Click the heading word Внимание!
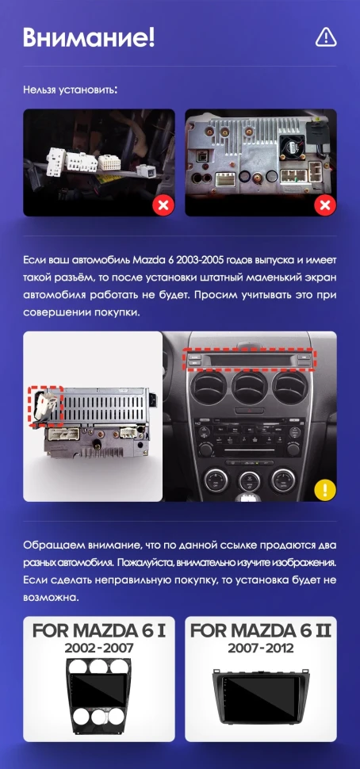tap(89, 36)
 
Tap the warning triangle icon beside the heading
tap(326, 36)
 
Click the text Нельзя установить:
tap(71, 90)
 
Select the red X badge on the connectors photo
tap(163, 206)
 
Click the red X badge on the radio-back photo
tap(325, 206)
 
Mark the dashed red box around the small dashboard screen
tap(250, 358)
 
